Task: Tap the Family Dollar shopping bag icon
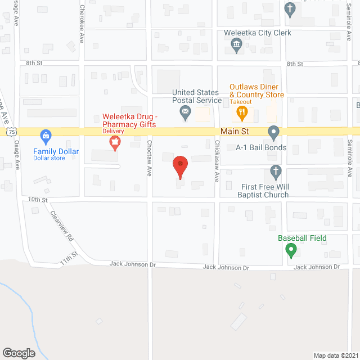pos(46,136)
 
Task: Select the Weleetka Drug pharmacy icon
pos(115,143)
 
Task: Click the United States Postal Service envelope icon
pos(184,114)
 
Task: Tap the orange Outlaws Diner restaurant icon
pos(242,113)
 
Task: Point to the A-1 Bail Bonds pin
pos(274,133)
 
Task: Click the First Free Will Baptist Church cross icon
pos(276,170)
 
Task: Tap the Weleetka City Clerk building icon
pos(237,45)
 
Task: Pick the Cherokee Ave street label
pos(82,24)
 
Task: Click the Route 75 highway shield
pos(12,130)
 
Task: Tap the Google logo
pos(19,353)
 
